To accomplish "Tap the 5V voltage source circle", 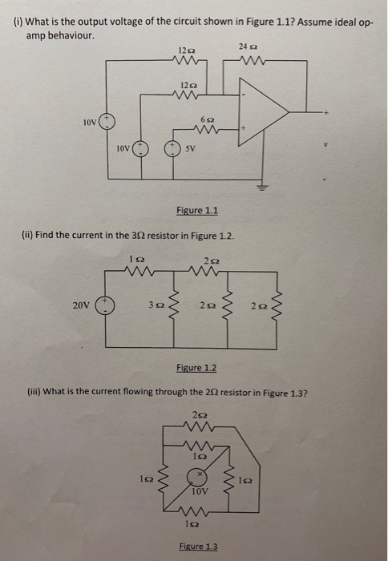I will (170, 149).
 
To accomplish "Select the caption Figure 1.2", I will (196, 367).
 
